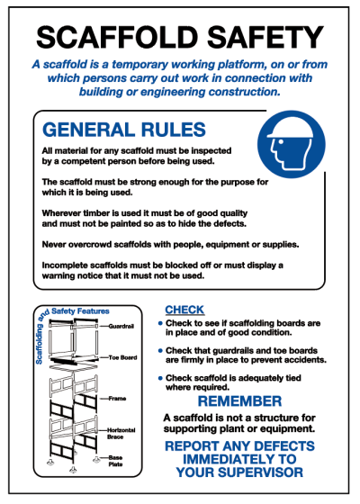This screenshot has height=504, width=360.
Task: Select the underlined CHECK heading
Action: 184,310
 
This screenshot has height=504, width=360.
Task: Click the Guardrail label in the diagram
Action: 120,326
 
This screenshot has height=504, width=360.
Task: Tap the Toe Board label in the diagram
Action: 121,357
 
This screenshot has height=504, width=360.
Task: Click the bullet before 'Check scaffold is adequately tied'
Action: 160,378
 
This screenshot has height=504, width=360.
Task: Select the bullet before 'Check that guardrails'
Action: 160,350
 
